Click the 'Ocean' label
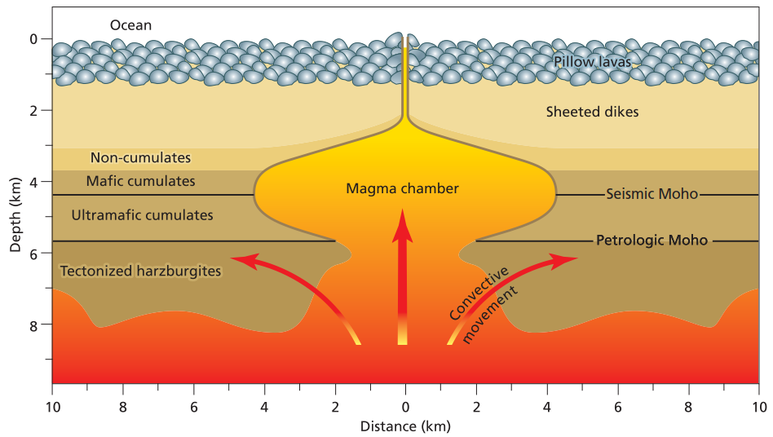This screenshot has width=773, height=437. [x=130, y=25]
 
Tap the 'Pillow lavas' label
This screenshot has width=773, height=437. [x=592, y=62]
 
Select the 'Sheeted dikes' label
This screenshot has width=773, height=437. [x=592, y=112]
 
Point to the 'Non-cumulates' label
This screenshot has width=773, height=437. [x=140, y=157]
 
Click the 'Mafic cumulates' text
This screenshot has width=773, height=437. [x=140, y=181]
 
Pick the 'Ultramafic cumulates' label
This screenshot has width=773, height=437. [x=142, y=215]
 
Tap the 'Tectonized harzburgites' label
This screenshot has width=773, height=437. [x=140, y=271]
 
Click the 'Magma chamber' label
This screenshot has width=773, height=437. [x=402, y=188]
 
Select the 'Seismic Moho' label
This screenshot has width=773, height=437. [x=652, y=194]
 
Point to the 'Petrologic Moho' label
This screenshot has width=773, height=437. [x=652, y=241]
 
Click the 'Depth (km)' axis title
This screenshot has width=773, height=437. [x=15, y=214]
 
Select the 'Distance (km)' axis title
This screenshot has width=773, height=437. [x=405, y=426]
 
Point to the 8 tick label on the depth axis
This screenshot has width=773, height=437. [x=33, y=325]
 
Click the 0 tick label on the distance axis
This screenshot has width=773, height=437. [x=406, y=408]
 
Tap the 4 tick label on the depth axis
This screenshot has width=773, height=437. [x=33, y=183]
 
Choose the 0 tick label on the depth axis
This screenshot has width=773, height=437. [x=33, y=39]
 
